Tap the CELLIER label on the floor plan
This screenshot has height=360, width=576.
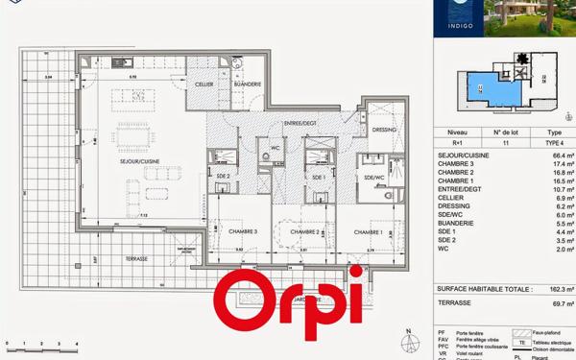(204, 84)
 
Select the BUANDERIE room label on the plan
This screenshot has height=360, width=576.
(247, 84)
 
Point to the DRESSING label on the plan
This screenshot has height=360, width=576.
(384, 129)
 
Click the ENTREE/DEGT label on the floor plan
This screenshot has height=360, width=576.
(300, 124)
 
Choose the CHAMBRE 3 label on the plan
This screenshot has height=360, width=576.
(242, 231)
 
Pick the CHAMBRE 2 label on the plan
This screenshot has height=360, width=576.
(304, 231)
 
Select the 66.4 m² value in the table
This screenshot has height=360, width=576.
(563, 155)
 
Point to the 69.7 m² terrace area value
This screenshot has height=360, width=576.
(563, 302)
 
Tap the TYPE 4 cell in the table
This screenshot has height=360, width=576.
(554, 141)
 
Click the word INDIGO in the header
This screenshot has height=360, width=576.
(457, 28)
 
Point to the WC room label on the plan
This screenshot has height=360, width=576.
(275, 149)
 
